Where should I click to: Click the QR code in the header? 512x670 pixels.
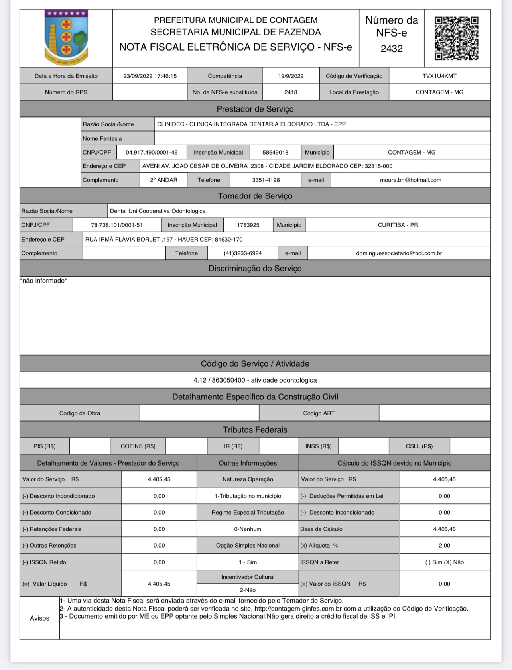pos(456,38)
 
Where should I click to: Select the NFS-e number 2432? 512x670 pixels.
pos(391,49)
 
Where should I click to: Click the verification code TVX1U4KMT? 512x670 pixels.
pos(439,76)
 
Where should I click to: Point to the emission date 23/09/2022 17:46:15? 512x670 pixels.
pos(150,76)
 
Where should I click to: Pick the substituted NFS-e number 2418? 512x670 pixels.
pos(291,92)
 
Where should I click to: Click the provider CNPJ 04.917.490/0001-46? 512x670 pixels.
pos(152,152)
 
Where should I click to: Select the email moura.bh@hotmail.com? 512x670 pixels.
pos(410,180)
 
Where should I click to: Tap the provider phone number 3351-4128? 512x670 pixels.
pos(266,180)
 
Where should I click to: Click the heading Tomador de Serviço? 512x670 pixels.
pos(255,196)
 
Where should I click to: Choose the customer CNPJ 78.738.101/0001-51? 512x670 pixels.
pos(117,225)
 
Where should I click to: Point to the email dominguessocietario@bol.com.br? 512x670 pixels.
pos(399,253)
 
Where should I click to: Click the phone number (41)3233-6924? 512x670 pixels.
pos(242,253)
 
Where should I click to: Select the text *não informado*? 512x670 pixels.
pos(44,281)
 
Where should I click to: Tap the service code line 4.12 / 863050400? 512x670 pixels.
pos(255,380)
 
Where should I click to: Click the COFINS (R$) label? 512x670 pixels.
pos(138,446)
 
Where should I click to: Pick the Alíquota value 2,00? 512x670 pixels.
pos(444,545)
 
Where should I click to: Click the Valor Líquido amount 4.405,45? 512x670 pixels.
pos(159,584)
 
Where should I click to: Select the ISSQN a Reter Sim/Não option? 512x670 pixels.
pos(444,562)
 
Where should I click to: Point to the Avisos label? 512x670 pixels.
pos(39,618)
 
